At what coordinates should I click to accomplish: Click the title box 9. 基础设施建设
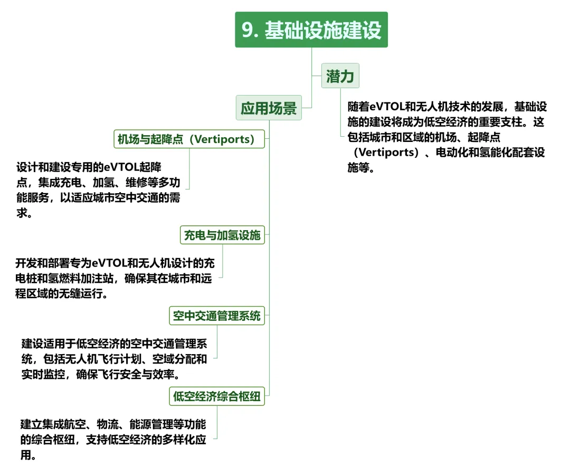[311, 30]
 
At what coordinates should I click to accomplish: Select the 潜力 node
[340, 77]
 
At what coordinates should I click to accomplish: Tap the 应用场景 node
[269, 108]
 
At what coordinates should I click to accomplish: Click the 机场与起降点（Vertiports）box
[189, 139]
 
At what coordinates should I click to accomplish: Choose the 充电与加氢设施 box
[222, 235]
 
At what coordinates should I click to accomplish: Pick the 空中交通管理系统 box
[217, 316]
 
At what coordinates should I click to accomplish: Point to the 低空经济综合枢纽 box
[217, 396]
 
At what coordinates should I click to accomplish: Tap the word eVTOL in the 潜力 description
[387, 107]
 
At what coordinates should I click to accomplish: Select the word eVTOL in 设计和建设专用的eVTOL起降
[121, 167]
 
